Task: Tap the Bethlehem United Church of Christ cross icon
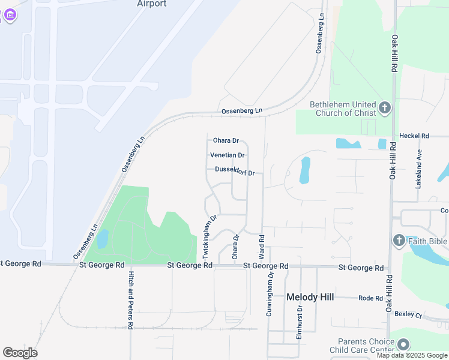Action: point(384,109)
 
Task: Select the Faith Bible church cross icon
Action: point(399,241)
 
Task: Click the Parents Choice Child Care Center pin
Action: point(403,344)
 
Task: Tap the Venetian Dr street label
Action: point(227,155)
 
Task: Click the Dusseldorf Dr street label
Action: point(235,172)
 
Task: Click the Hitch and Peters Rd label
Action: point(131,299)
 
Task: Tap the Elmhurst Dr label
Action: point(299,323)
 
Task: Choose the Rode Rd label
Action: point(370,298)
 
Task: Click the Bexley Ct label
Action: point(409,314)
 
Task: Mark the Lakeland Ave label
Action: point(418,169)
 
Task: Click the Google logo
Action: point(20,353)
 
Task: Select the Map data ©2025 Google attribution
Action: point(412,355)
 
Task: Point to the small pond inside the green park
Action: point(102,239)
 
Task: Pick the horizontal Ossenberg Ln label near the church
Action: point(242,111)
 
